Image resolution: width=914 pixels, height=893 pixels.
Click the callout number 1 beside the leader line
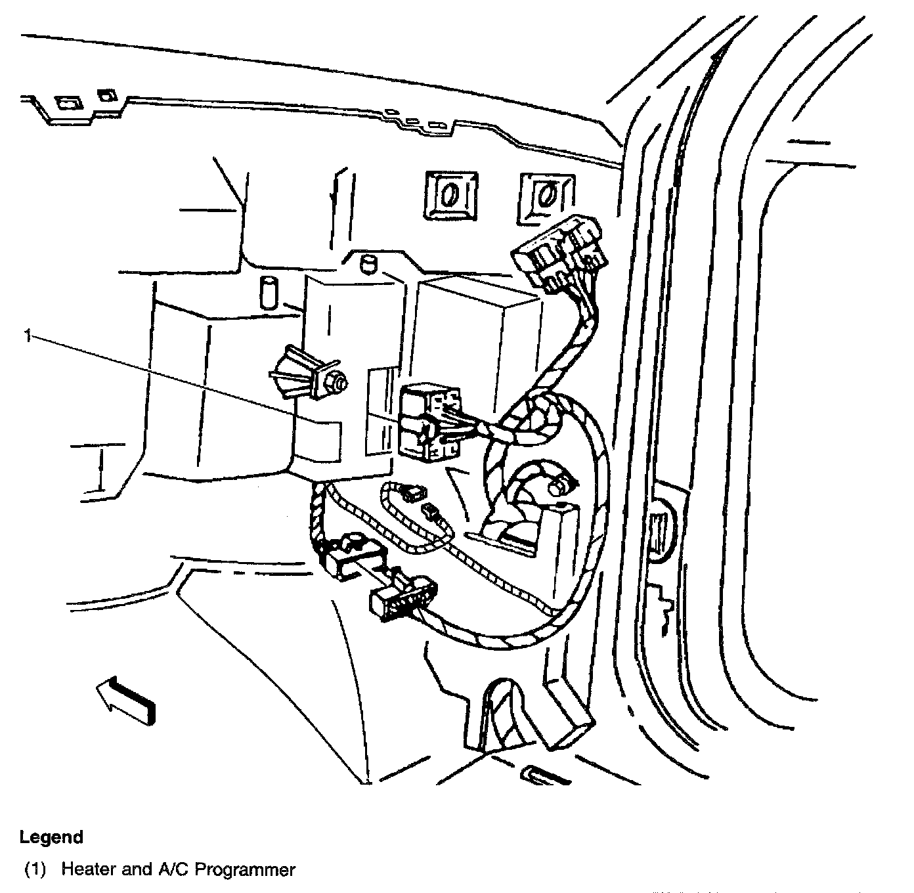(x=27, y=336)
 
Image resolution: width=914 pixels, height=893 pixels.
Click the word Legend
(x=51, y=837)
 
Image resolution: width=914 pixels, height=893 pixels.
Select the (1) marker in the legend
(x=35, y=870)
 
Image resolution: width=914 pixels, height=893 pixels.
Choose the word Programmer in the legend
(x=246, y=870)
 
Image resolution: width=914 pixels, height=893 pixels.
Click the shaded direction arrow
(x=127, y=702)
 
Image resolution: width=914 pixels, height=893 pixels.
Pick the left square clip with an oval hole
(x=450, y=194)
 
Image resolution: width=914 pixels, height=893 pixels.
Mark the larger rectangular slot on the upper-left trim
(x=67, y=103)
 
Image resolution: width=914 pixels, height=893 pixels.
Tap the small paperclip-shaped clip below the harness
(x=545, y=774)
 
